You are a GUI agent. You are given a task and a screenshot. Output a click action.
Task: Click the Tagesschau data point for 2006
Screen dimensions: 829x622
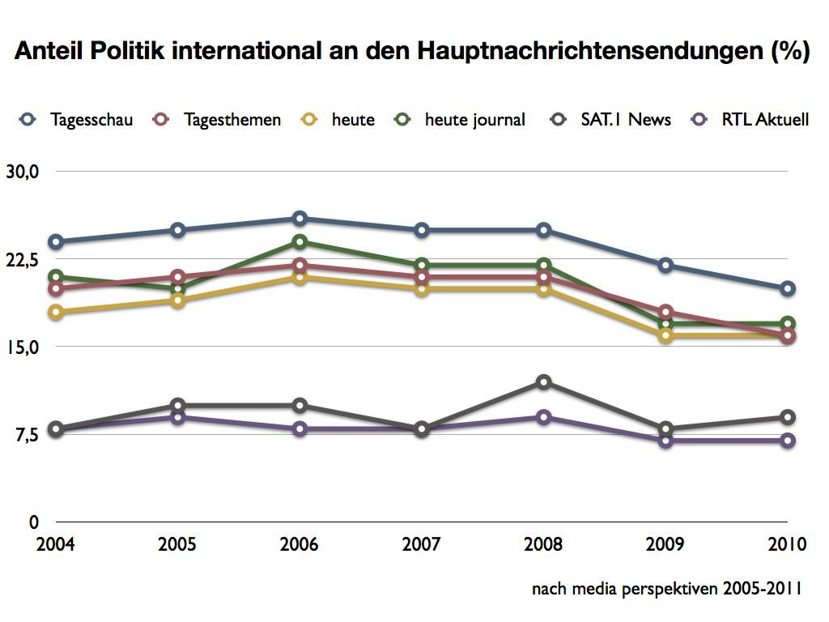pyautogui.click(x=300, y=219)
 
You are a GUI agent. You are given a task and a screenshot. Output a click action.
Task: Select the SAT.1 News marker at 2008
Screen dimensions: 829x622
pyautogui.click(x=543, y=382)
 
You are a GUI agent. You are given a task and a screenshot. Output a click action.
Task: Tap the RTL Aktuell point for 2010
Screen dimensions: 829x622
pyautogui.click(x=788, y=441)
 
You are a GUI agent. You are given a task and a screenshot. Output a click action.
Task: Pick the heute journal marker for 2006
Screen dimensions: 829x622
pyautogui.click(x=300, y=241)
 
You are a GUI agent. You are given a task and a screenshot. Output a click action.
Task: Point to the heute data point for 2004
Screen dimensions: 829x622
pyautogui.click(x=56, y=312)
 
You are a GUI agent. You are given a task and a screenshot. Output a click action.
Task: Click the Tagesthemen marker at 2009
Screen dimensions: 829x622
pyautogui.click(x=665, y=312)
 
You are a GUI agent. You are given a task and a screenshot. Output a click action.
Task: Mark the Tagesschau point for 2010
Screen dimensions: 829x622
pyautogui.click(x=788, y=289)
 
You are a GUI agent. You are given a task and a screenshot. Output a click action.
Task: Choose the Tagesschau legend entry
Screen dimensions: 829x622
pyautogui.click(x=76, y=120)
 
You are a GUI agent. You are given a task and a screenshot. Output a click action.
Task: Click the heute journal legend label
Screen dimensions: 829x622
pyautogui.click(x=474, y=120)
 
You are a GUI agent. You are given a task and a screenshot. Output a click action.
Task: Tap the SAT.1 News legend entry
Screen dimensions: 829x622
pyautogui.click(x=610, y=120)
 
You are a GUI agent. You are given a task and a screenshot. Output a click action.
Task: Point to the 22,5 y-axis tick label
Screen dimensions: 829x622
pyautogui.click(x=22, y=260)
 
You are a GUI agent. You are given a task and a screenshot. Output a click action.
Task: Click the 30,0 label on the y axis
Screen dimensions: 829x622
pyautogui.click(x=22, y=172)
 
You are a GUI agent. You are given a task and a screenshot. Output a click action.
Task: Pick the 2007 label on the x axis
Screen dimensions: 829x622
pyautogui.click(x=421, y=543)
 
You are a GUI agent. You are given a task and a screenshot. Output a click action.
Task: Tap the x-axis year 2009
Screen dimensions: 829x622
pyautogui.click(x=665, y=543)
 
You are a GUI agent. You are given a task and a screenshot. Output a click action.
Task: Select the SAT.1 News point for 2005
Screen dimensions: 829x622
pyautogui.click(x=178, y=406)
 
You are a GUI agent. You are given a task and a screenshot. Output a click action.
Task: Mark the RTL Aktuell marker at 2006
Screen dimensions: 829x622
pyautogui.click(x=300, y=429)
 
